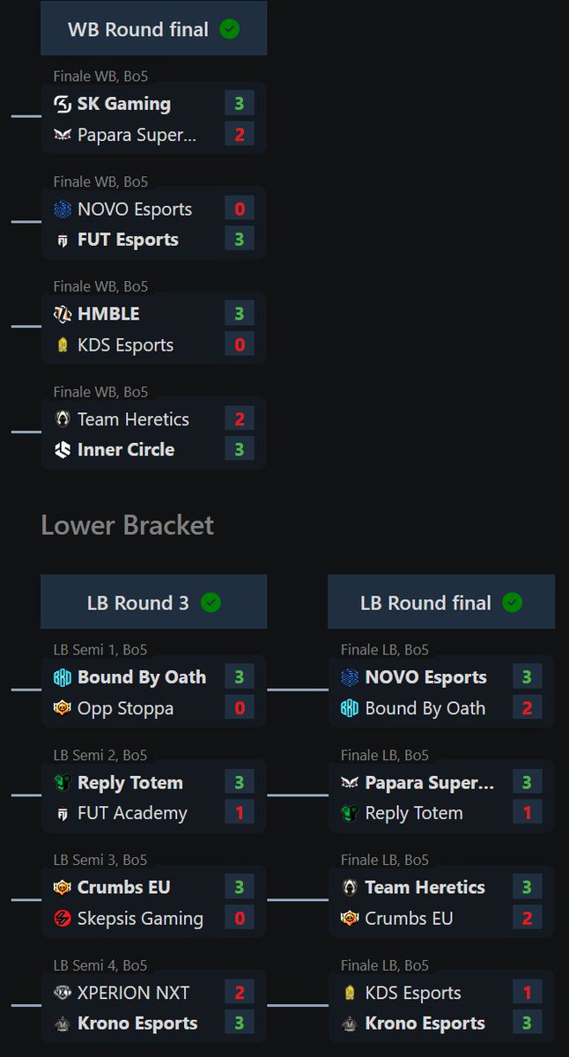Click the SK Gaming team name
tap(123, 104)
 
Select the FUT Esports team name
tap(128, 240)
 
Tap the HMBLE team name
tap(108, 314)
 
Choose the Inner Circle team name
tap(126, 449)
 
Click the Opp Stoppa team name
tap(125, 708)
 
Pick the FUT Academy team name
tap(132, 813)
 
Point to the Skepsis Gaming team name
tap(140, 918)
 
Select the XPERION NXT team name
tap(133, 993)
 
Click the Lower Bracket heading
tap(127, 526)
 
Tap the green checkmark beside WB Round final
tap(229, 29)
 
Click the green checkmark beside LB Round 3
tap(211, 602)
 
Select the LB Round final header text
tap(425, 602)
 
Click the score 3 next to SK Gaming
tap(239, 104)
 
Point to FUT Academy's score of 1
tap(239, 813)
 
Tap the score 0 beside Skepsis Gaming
tap(239, 918)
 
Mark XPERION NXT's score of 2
tap(239, 993)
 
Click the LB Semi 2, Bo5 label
tap(100, 755)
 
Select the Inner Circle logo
tap(63, 449)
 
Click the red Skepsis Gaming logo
tap(63, 918)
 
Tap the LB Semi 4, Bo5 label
tap(100, 965)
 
